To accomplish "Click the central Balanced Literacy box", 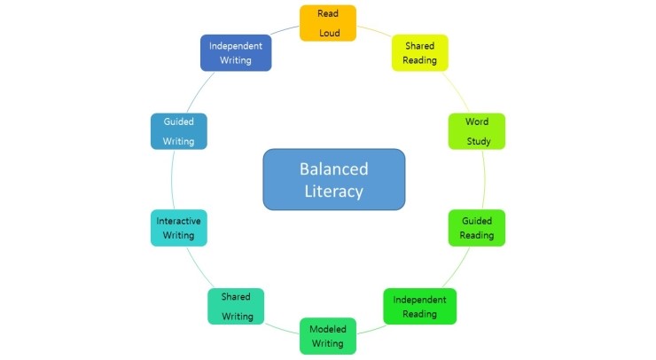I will point(333,179).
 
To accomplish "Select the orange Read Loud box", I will point(328,23).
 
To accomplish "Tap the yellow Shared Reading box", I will point(419,52).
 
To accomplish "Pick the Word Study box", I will point(477,131).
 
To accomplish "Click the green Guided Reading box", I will point(477,228).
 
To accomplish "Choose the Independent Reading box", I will point(419,307).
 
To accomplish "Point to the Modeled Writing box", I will point(328,336).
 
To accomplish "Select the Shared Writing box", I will point(236,307).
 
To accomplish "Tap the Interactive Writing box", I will point(178,228).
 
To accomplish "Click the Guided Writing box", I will point(178,131).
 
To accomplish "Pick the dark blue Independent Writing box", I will point(236,53).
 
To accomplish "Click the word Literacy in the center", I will point(333,192).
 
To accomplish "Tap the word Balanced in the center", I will point(333,168).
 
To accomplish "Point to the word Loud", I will point(329,33).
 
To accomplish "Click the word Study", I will point(479,141).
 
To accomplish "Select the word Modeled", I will point(328,329).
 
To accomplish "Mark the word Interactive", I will point(178,221).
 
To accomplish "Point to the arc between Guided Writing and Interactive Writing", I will point(170,179).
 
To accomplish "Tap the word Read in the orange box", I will point(328,14).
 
